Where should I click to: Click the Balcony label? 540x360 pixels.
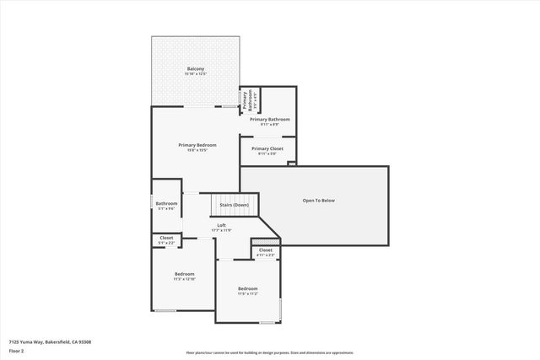[195, 68]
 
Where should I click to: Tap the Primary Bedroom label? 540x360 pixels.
[197, 145]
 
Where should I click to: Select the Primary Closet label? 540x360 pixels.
[267, 148]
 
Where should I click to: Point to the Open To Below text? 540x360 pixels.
[319, 201]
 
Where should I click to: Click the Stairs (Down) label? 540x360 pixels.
[234, 206]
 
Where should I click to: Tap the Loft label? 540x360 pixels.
[221, 225]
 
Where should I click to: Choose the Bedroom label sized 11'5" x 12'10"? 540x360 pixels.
[185, 274]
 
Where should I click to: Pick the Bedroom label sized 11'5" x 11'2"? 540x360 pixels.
[247, 288]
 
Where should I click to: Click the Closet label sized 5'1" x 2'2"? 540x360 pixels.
[166, 238]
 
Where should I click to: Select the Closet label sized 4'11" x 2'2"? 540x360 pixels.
[266, 250]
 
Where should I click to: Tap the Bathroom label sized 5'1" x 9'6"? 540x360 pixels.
[166, 203]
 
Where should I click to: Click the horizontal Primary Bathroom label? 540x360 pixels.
[269, 120]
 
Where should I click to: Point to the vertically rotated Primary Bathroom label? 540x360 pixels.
[248, 101]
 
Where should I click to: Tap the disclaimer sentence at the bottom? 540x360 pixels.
[269, 353]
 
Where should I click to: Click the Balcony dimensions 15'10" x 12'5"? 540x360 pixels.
[195, 74]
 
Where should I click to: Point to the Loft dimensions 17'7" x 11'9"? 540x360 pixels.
[221, 230]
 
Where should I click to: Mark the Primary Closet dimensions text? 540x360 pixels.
[267, 153]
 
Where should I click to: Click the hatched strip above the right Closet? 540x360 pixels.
[266, 243]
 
